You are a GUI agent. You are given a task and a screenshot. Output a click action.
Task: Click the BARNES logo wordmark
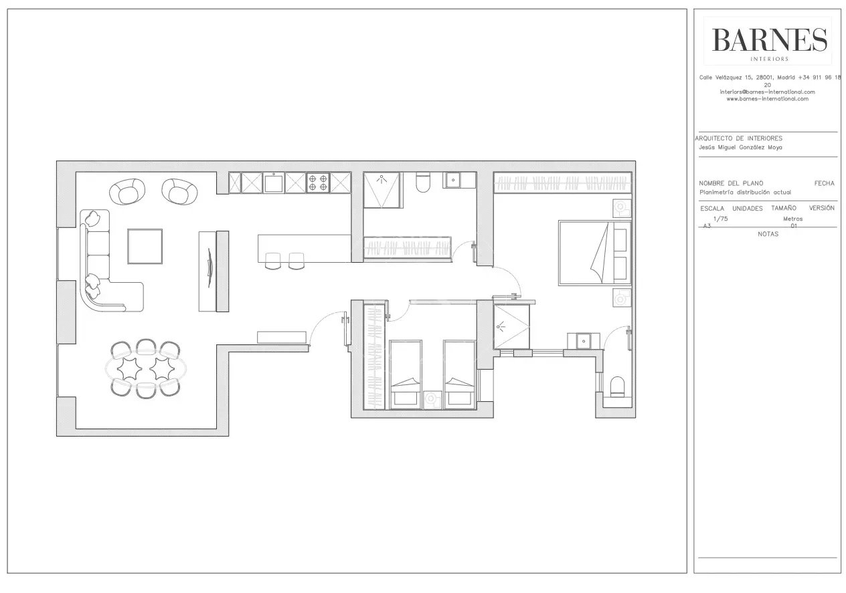point(769,40)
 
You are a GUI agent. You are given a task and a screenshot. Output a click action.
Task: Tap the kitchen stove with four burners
point(318,183)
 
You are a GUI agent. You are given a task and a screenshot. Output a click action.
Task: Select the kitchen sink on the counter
point(274,183)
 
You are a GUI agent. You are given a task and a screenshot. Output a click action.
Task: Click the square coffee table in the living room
point(145,246)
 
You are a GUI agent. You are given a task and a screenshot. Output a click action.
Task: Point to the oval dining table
point(145,368)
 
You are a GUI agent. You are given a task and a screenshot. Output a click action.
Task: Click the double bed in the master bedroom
point(595,253)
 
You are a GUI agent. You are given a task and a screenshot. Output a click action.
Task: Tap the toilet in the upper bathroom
point(422,183)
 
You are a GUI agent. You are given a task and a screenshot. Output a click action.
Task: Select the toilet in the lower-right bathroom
point(618,386)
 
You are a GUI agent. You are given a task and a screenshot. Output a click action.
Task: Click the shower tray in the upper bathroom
point(382,190)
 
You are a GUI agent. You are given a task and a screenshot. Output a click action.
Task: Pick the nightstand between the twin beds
point(432,399)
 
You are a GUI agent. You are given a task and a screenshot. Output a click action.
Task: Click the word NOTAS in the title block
point(768,234)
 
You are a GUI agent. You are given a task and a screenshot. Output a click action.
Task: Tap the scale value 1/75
point(720,219)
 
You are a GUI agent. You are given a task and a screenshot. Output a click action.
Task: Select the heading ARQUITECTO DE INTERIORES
point(739,138)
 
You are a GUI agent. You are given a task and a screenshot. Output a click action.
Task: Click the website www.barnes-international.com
point(768,99)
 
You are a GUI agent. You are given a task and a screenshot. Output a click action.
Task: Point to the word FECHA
point(824,183)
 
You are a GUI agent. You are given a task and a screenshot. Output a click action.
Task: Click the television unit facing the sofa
point(214,271)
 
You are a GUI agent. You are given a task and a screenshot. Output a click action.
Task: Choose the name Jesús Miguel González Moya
point(740,148)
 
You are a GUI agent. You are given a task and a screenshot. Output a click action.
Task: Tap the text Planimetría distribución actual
point(744,193)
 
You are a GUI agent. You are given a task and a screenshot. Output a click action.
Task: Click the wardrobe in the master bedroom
point(563,183)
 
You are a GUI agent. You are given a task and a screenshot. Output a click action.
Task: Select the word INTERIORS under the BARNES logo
point(769,59)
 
